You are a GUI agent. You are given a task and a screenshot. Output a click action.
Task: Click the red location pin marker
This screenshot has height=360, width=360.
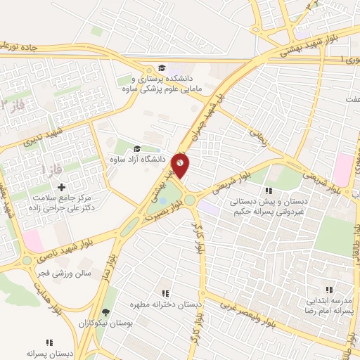pyautogui.click(x=180, y=165)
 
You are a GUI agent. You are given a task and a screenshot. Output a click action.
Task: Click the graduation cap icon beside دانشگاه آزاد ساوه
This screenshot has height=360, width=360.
pyautogui.click(x=136, y=148)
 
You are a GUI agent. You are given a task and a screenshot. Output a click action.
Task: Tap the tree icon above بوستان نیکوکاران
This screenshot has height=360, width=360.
pyautogui.click(x=106, y=311)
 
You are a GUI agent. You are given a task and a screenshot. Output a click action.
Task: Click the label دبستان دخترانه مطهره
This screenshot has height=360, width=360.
pyautogui.click(x=165, y=304)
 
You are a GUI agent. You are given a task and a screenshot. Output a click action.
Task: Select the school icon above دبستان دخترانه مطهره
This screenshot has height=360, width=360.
pyautogui.click(x=165, y=293)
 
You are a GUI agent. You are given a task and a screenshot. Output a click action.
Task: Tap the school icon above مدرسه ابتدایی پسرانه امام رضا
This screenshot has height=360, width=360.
pyautogui.click(x=329, y=289)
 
